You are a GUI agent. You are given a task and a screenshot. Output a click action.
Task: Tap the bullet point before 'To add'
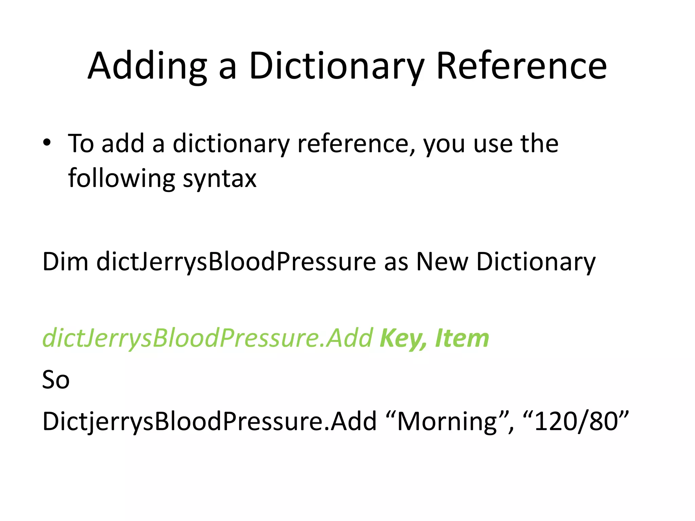pyautogui.click(x=47, y=142)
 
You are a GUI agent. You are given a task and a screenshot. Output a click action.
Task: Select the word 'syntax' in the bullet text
pyautogui.click(x=220, y=179)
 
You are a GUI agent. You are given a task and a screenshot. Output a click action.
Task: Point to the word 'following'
pyautogui.click(x=121, y=179)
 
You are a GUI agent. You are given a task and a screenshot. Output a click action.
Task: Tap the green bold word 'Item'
pyautogui.click(x=462, y=338)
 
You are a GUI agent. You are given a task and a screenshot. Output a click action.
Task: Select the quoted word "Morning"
pyautogui.click(x=448, y=421)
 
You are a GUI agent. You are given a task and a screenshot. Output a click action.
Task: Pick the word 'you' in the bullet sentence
pyautogui.click(x=444, y=144)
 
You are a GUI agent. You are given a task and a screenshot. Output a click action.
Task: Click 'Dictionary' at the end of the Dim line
pyautogui.click(x=536, y=262)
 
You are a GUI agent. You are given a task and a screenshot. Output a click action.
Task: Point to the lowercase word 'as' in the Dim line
pyautogui.click(x=396, y=262)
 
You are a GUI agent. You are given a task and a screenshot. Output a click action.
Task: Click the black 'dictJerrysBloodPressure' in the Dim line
pyautogui.click(x=236, y=262)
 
